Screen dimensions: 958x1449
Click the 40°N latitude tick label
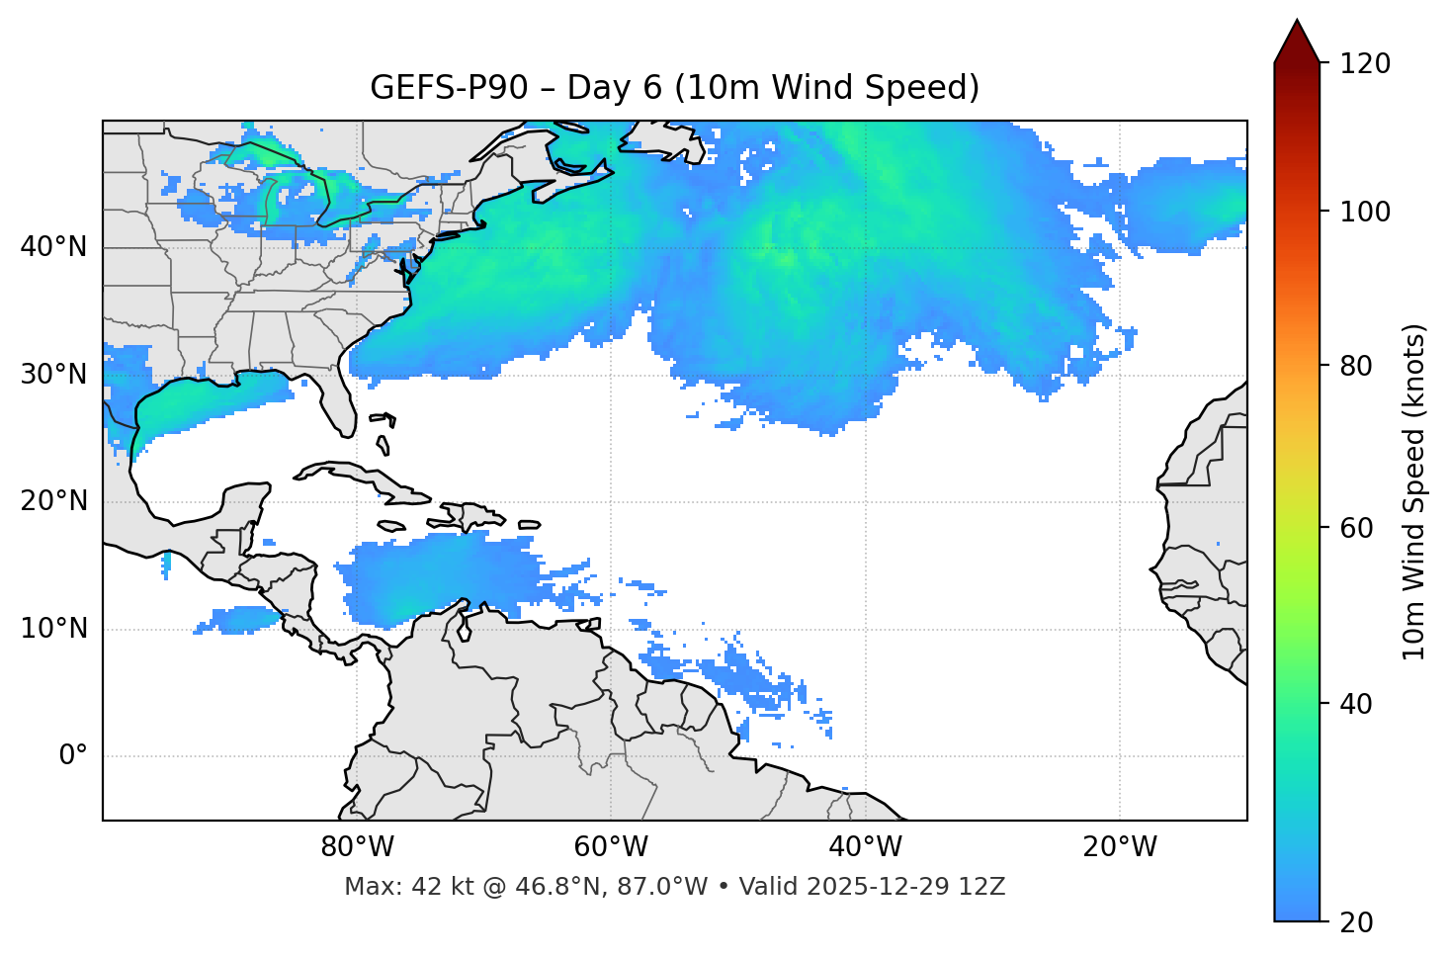[53, 247]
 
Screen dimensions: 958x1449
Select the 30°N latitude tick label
[53, 375]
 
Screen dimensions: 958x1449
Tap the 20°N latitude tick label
[53, 501]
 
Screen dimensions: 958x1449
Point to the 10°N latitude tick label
[53, 629]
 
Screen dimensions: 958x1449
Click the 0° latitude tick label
[73, 756]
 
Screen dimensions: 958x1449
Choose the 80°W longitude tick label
[357, 847]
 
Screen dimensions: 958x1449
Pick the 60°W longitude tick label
[611, 847]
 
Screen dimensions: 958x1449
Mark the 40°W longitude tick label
[866, 847]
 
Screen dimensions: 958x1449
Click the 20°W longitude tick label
[1120, 847]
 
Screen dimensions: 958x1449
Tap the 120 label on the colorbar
[1365, 64]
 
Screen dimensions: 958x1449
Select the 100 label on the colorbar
[1365, 212]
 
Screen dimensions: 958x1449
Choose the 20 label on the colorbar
[1357, 922]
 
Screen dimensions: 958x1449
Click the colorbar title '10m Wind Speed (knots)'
[1414, 491]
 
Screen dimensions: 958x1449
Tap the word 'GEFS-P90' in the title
[449, 88]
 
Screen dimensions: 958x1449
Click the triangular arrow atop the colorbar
[1297, 42]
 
